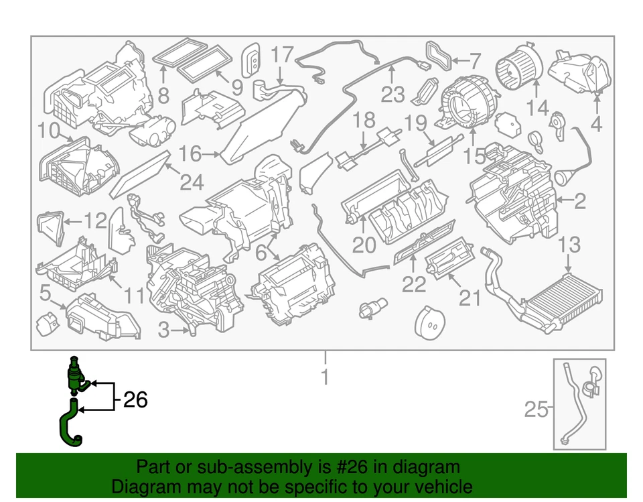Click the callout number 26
[135, 400]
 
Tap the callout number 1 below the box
[325, 377]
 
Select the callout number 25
[535, 409]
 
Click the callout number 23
[393, 94]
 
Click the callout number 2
[579, 199]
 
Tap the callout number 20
[364, 245]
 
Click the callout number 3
[164, 330]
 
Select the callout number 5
[45, 292]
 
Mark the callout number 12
[94, 219]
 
